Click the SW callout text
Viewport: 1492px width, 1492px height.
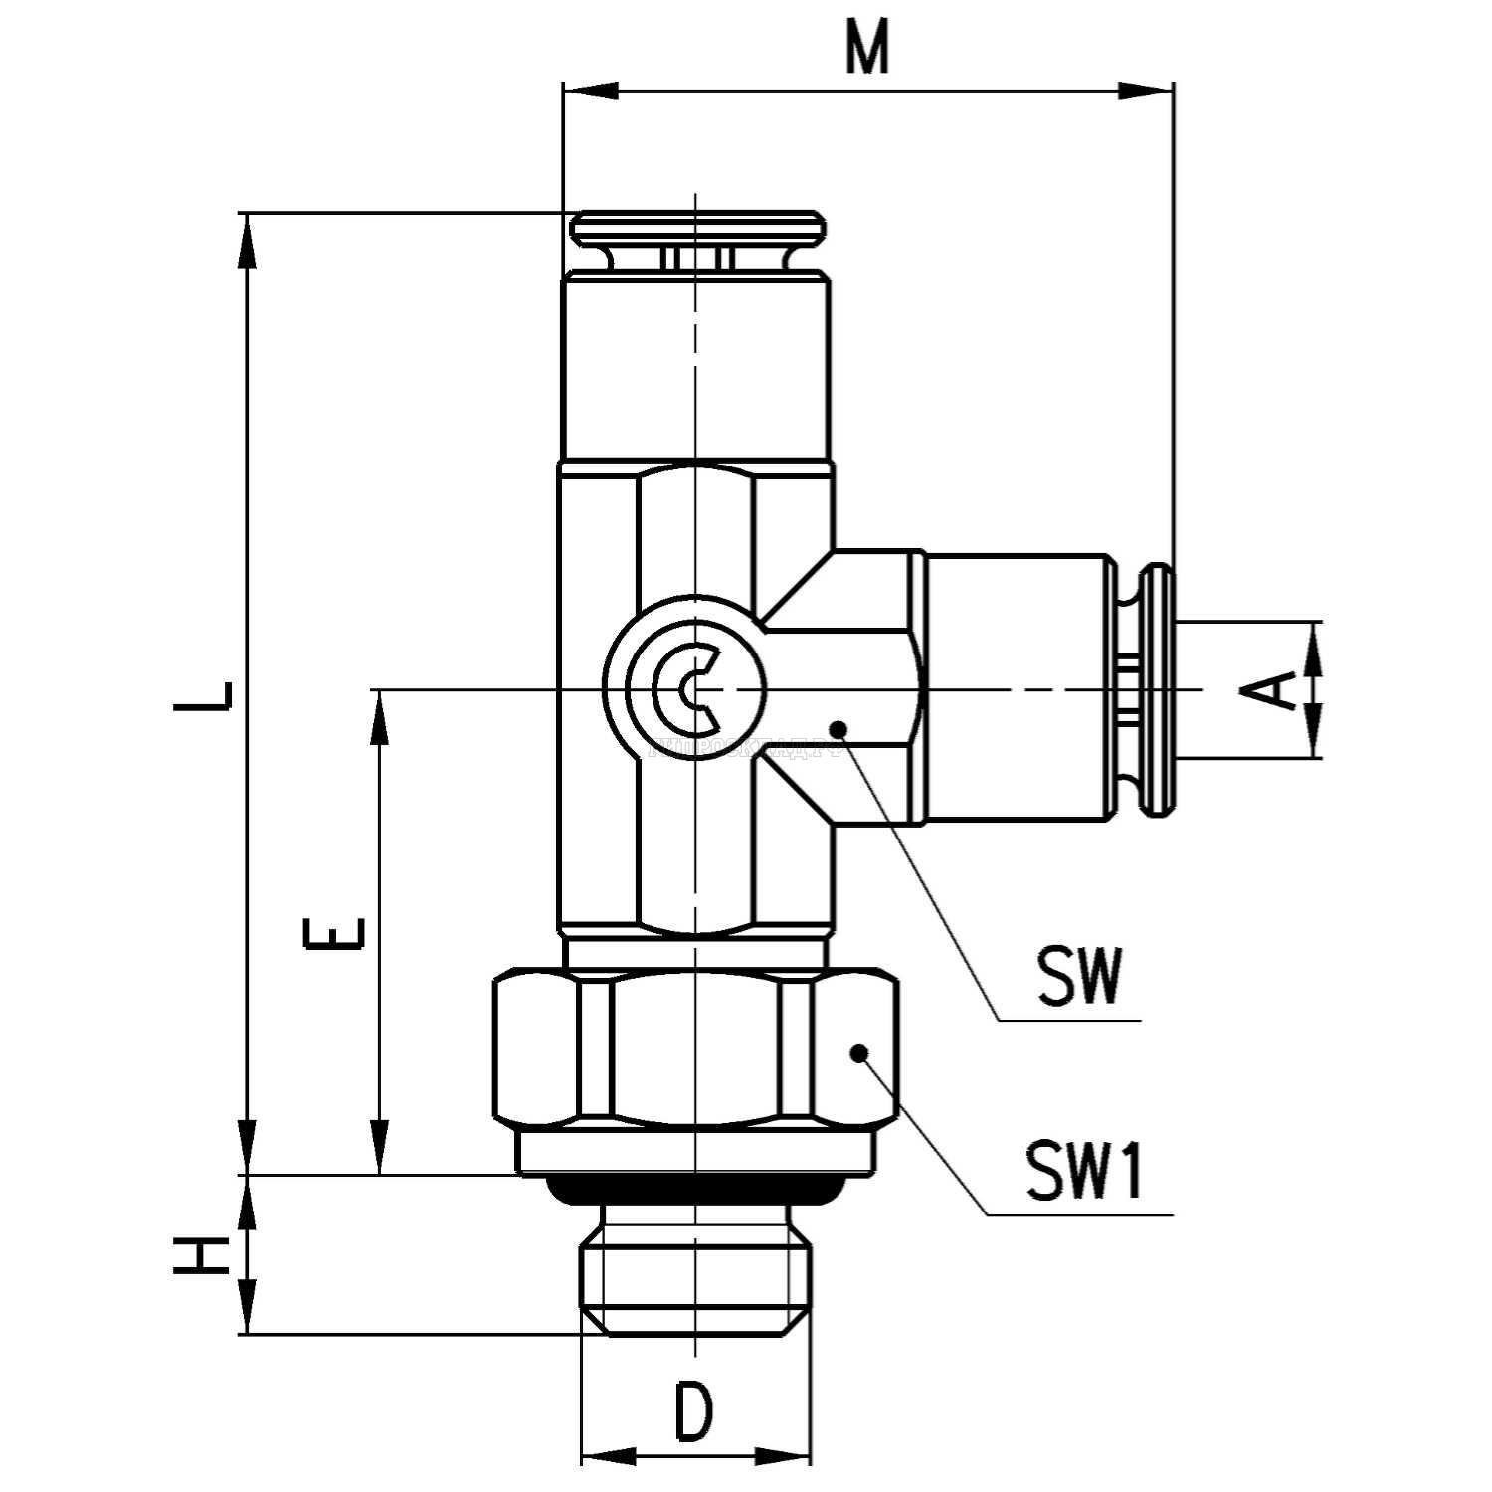(x=1080, y=977)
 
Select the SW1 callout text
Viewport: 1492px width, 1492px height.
(x=1085, y=1171)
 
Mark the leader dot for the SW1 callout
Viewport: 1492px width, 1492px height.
(x=859, y=1052)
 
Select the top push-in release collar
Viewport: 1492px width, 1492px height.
(x=697, y=227)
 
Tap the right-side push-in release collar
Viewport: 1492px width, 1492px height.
(x=1158, y=689)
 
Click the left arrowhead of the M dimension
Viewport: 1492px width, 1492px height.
(x=587, y=91)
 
